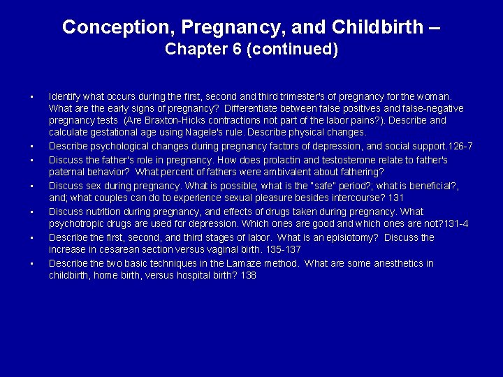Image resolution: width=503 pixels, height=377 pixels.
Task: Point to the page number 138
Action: tap(248, 276)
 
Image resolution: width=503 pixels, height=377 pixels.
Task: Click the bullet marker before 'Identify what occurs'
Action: tap(32, 95)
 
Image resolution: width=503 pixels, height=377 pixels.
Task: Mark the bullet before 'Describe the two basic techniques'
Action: tap(32, 264)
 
